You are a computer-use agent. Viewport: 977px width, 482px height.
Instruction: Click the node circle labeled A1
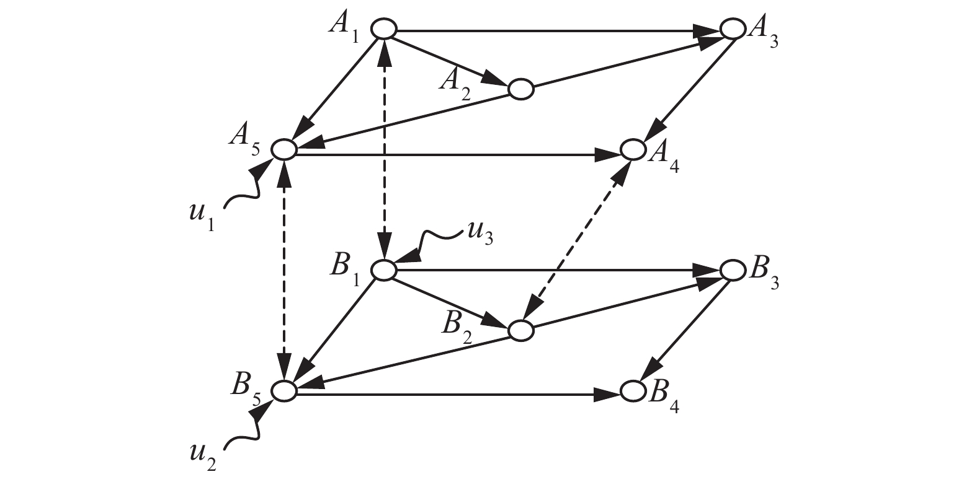point(384,29)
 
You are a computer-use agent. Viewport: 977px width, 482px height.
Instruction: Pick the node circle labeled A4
point(633,149)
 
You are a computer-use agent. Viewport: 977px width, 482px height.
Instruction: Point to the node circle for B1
point(384,270)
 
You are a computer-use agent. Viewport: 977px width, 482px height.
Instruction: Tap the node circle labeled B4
point(633,391)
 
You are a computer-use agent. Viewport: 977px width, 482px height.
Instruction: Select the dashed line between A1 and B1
point(385,149)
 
